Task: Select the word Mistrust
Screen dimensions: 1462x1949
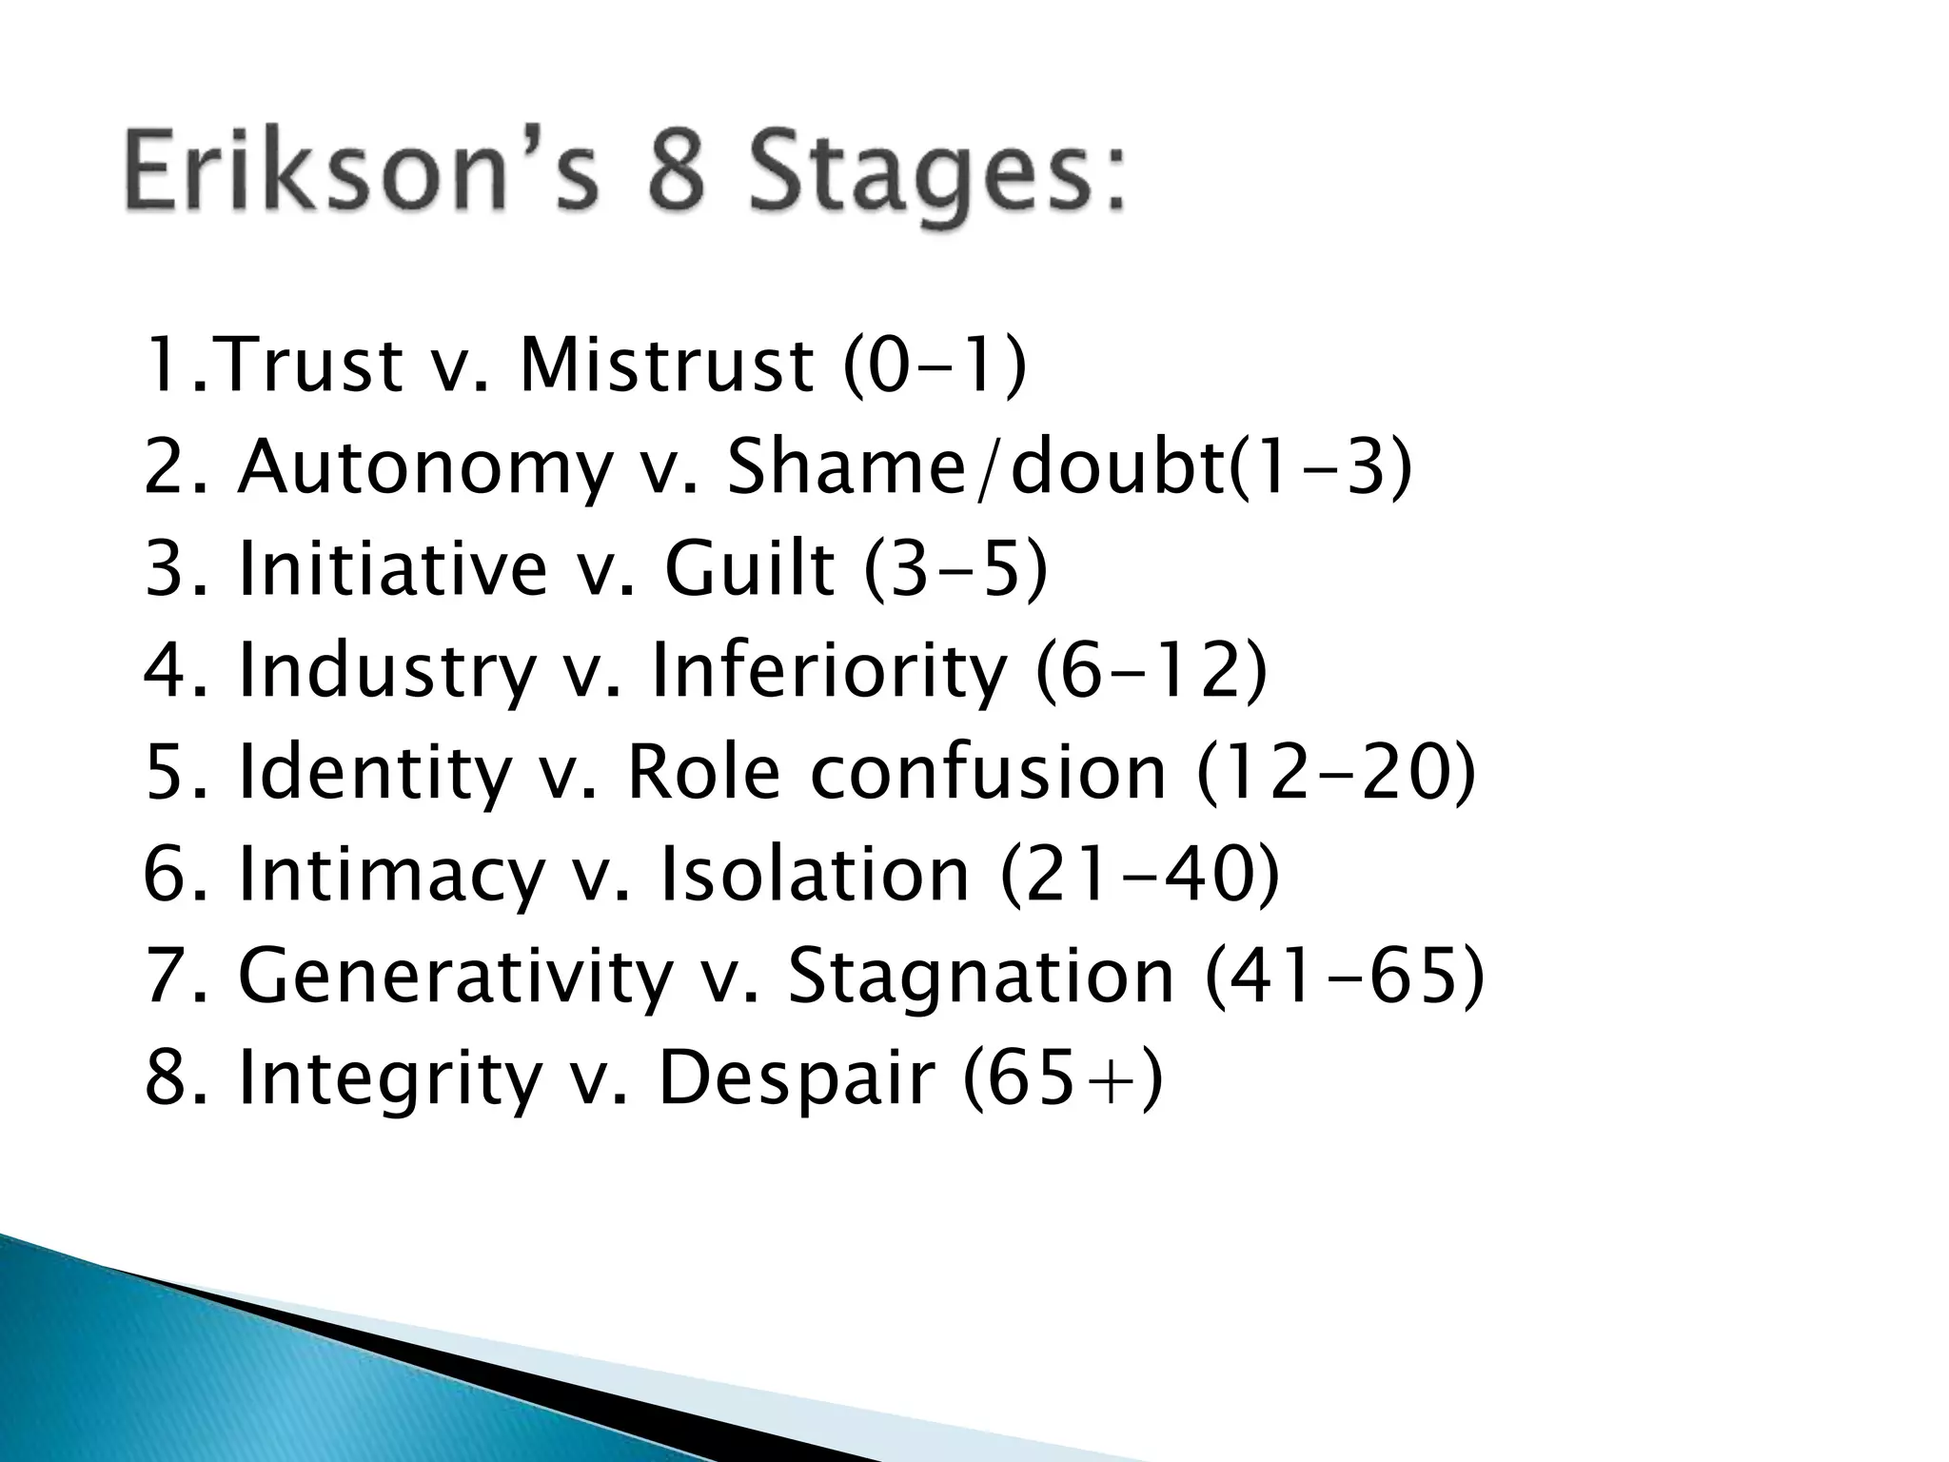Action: point(667,365)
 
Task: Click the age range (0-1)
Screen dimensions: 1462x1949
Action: point(935,367)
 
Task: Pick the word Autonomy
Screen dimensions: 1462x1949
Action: point(423,470)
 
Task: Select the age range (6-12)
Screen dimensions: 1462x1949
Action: point(1152,672)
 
